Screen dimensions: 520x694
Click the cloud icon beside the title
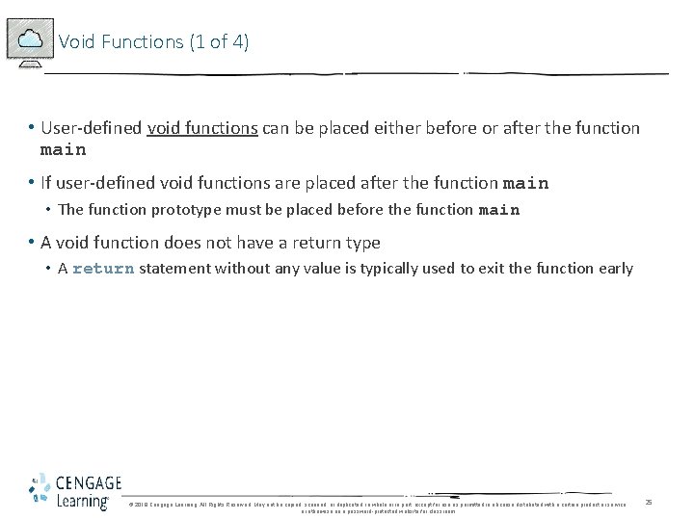tap(32, 40)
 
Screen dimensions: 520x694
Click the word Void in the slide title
tap(75, 41)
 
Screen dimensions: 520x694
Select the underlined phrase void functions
tap(202, 128)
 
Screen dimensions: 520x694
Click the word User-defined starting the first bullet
tap(92, 128)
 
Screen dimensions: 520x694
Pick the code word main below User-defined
tap(63, 150)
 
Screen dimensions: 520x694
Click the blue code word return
tap(103, 269)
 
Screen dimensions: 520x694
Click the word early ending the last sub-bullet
tap(613, 269)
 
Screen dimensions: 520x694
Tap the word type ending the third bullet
tap(361, 243)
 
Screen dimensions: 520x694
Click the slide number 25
tap(649, 503)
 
